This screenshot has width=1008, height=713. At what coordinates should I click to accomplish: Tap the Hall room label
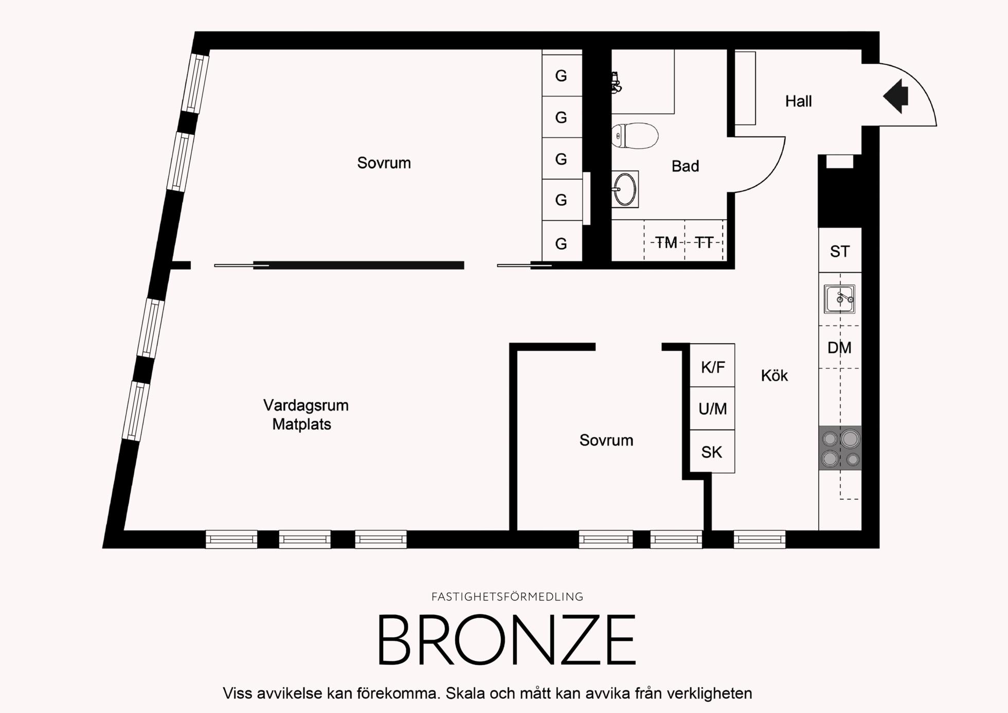(798, 101)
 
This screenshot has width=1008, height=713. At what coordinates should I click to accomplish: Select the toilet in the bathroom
(635, 136)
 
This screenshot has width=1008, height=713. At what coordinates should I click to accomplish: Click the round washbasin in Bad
(625, 189)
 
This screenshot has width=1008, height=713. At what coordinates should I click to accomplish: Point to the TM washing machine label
(666, 242)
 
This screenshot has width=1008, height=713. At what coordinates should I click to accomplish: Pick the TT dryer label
(704, 242)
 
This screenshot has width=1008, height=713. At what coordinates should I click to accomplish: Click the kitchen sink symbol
(839, 299)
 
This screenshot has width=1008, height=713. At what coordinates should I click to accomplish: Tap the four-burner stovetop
(840, 448)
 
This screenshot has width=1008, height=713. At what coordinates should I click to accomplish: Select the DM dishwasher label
(839, 348)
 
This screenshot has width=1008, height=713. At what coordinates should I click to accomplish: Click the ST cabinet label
(840, 252)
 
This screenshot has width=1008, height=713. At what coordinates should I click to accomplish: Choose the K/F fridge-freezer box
(712, 365)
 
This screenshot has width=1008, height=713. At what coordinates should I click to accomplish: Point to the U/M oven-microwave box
(712, 408)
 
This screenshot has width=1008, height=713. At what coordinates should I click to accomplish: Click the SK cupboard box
(712, 451)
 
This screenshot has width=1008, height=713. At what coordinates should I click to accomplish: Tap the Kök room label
(775, 376)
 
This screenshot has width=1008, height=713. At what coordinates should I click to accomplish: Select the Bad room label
(686, 166)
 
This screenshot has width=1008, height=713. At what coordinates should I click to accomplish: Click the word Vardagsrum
(306, 405)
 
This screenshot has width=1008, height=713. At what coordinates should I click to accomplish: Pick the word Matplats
(302, 424)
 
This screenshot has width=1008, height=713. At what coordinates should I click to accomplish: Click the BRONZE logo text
(507, 640)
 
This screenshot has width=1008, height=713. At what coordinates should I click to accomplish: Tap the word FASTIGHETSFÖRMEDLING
(507, 597)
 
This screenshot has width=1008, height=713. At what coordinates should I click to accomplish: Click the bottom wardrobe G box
(562, 242)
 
